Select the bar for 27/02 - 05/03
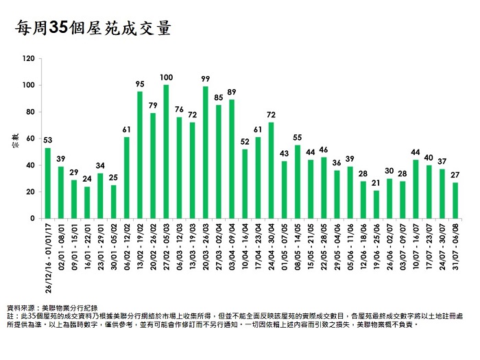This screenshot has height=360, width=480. click(166, 152)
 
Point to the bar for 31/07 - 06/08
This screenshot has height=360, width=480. click(456, 200)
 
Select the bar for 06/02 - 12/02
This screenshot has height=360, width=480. click(127, 178)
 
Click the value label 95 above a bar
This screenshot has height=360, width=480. click(140, 84)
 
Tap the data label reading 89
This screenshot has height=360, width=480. click(232, 92)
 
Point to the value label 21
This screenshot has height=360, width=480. click(376, 183)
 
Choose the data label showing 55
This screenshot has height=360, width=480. click(298, 137)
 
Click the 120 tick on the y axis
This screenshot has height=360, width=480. click(28, 59)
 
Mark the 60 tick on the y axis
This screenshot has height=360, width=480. click(30, 139)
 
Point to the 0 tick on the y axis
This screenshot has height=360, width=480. click(32, 219)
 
